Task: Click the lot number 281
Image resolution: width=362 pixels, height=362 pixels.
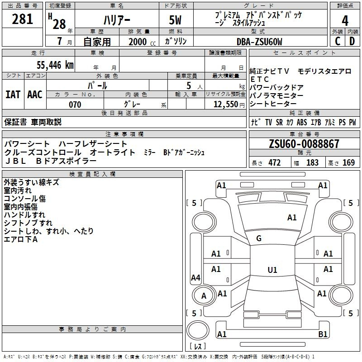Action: coord(22,19)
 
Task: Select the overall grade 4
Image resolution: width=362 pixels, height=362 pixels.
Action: coord(345,21)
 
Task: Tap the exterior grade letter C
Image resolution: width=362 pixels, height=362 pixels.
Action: coord(338,41)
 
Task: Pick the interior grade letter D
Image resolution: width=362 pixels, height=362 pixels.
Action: coord(352,41)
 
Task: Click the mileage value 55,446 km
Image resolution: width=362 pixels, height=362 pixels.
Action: coord(55,65)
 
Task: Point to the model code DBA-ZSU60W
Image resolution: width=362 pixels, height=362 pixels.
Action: coord(259,42)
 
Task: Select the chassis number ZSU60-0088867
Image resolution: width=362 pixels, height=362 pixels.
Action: coord(304,144)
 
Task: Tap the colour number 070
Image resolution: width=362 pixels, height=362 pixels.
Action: coord(75,105)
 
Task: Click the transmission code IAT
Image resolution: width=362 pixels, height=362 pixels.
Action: coord(13,95)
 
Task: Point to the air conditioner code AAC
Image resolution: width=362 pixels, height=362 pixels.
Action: coord(35,95)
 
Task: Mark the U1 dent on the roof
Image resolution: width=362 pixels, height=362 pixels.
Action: coord(272,270)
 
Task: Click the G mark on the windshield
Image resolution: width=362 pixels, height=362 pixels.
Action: coord(259,238)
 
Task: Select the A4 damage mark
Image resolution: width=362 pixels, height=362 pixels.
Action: coord(195,277)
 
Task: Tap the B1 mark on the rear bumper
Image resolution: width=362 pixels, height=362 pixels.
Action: coord(323,334)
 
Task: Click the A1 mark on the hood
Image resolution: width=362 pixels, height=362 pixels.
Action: coord(292,218)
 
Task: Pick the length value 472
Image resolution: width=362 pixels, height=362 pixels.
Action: coord(275,162)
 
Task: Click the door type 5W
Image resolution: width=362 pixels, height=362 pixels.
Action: coord(175,20)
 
